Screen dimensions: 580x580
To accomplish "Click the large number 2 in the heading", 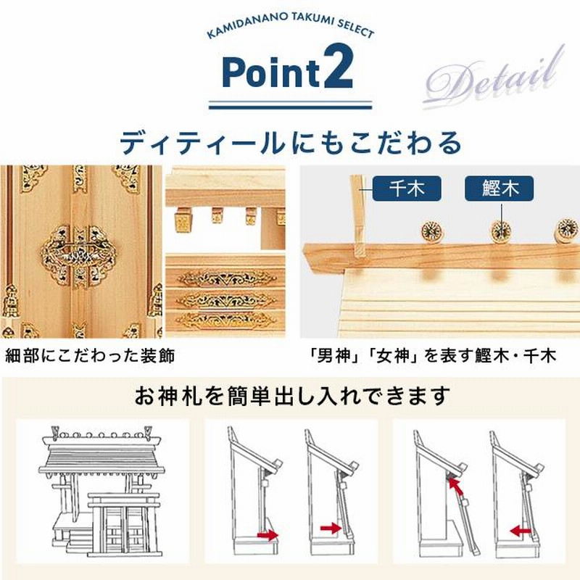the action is (x=339, y=68).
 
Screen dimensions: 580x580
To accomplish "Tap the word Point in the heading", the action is (x=271, y=72).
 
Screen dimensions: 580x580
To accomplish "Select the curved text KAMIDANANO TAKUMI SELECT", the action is (x=291, y=27).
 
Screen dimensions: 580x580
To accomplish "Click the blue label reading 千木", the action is (x=407, y=188).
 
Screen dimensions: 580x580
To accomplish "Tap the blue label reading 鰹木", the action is (x=499, y=188).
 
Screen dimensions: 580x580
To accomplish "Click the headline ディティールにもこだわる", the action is (x=291, y=143).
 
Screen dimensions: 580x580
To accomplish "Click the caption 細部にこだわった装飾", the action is (x=90, y=356).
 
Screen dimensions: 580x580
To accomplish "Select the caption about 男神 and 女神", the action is (x=434, y=356).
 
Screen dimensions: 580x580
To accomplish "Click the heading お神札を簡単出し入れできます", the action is (x=292, y=396).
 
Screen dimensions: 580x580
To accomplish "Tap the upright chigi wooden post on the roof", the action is (x=357, y=215).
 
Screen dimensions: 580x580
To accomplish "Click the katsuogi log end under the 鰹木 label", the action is (x=501, y=231).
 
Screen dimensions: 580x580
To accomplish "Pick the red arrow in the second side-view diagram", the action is (x=331, y=529).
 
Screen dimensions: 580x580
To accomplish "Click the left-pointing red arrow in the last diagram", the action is (x=521, y=532).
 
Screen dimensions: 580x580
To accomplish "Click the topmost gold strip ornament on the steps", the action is (x=226, y=278).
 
